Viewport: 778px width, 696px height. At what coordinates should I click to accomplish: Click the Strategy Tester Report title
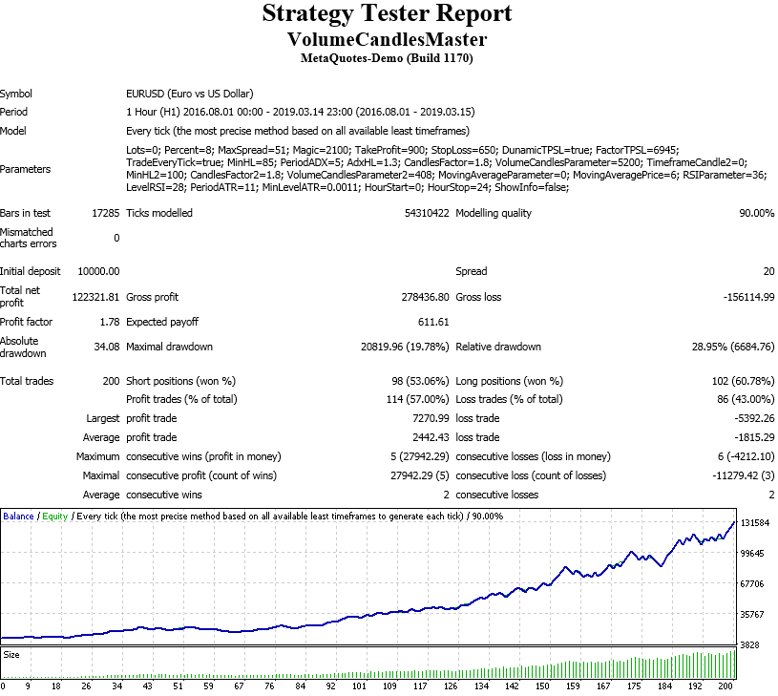point(387,14)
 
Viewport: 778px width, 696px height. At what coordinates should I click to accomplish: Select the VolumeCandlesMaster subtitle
point(387,39)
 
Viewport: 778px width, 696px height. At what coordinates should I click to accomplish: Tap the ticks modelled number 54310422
point(426,213)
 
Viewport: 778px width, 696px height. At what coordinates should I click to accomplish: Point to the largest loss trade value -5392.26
point(749,418)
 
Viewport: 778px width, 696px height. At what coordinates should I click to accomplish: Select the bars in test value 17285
point(105,213)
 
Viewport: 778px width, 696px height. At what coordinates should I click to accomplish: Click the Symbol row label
point(16,94)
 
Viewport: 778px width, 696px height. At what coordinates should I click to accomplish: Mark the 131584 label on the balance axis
point(754,523)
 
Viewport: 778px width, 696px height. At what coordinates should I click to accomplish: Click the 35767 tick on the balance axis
point(754,614)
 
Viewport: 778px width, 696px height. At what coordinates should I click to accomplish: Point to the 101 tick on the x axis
point(359,685)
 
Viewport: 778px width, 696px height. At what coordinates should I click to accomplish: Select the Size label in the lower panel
point(11,655)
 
